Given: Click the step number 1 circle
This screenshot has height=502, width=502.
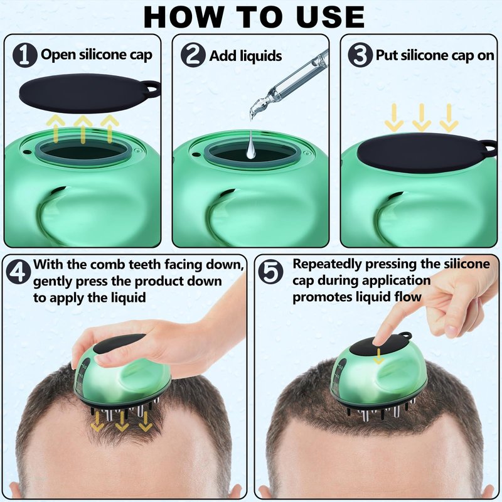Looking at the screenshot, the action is pos(25,55).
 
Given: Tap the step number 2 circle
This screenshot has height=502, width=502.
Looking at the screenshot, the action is pos(193,55).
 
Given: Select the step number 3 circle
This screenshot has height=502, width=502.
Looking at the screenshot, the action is pos(360,55).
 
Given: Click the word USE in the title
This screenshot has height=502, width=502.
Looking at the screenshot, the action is pos(331,17).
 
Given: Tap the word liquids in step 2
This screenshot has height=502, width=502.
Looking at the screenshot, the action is pos(261,56).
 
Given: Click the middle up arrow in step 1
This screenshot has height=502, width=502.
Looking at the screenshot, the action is pos(83,129).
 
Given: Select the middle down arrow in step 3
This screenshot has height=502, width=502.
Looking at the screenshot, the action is pos(422,117).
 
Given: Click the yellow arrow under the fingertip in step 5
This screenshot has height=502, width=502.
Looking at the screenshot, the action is pos(379,356).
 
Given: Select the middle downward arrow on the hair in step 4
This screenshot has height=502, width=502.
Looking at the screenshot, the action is pos(122,421).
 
